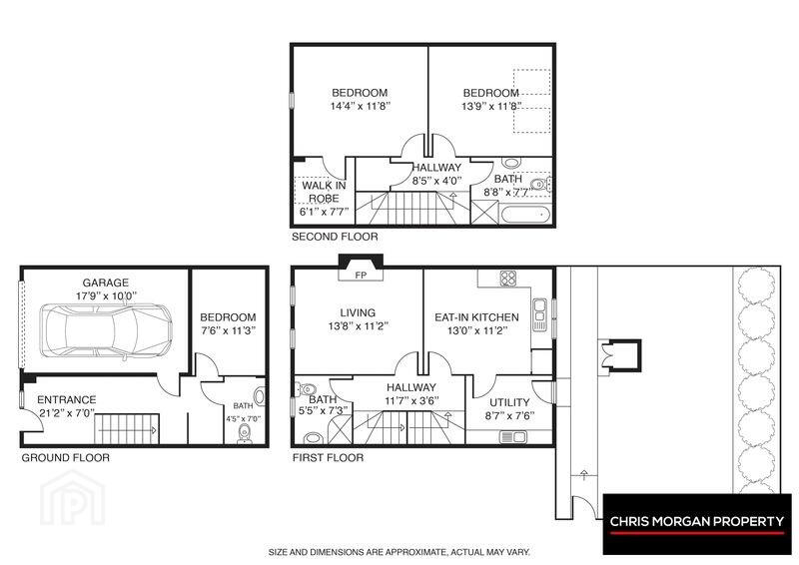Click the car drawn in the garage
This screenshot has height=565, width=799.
point(106,331)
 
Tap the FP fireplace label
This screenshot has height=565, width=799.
point(361,276)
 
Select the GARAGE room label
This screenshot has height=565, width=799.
point(106,282)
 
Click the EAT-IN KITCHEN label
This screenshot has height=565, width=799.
point(476,316)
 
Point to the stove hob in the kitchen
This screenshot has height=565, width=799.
point(508,279)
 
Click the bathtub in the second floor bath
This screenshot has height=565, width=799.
point(525,214)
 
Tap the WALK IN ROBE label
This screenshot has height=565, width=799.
point(324,192)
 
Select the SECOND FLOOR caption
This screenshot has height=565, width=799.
point(335,237)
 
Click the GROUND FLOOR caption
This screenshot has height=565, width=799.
point(65,457)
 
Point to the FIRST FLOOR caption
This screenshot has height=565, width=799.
point(328,457)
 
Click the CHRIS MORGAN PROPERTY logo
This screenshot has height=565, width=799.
point(697,524)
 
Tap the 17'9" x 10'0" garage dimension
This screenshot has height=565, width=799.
point(106,295)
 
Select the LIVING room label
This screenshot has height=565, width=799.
point(358,312)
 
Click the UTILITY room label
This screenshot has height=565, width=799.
point(509,402)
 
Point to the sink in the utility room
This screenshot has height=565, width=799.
point(513,436)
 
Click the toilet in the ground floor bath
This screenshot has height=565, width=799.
point(244,434)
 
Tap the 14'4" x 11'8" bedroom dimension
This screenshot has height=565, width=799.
point(361,106)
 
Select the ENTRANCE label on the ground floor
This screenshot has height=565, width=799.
point(66,399)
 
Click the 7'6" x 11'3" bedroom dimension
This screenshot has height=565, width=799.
point(228,330)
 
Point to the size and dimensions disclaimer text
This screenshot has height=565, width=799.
point(399,552)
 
